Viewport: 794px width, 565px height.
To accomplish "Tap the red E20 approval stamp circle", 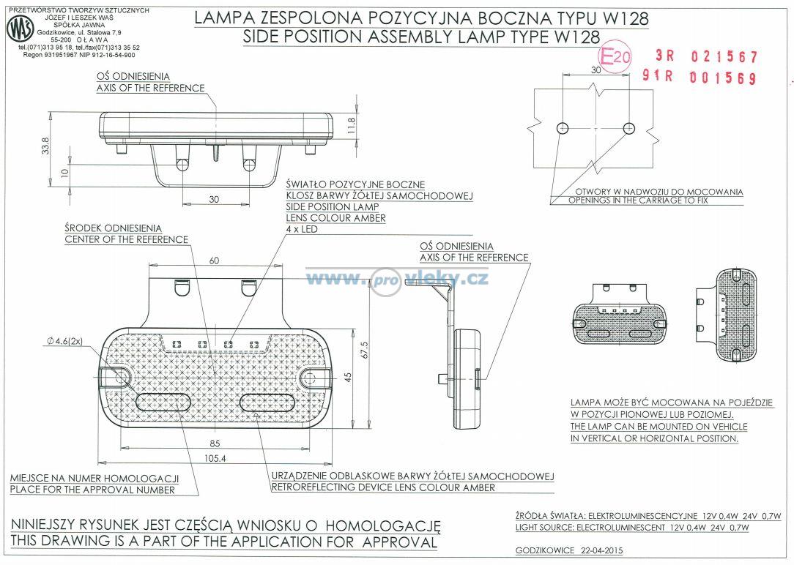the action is (615, 56).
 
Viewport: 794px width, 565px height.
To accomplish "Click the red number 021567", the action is (724, 56).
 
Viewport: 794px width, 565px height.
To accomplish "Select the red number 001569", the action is (722, 78).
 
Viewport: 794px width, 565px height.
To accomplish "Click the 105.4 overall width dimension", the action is (215, 458).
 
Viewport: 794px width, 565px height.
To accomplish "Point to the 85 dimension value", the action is (215, 443).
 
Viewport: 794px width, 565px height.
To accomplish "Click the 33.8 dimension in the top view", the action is (45, 146).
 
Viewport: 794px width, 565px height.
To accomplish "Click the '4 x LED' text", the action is (302, 229).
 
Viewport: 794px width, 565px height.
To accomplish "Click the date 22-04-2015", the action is (602, 550).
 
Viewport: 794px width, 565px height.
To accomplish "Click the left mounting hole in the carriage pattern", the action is (563, 128).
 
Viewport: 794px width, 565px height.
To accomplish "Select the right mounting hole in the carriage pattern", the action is (628, 128).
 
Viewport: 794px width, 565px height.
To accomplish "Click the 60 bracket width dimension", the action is (214, 261).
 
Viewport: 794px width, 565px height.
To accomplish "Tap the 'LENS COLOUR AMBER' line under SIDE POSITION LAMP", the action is (335, 218).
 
